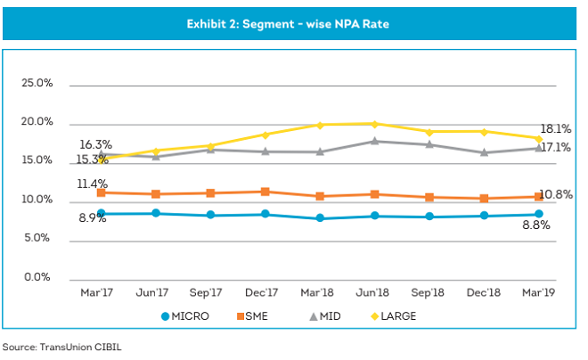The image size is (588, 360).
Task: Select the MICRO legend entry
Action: pos(189,316)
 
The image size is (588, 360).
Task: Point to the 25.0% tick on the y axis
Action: pos(37,83)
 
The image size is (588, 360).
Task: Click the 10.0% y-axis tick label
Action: pos(37,200)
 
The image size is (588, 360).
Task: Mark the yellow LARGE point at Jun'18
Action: pos(374,124)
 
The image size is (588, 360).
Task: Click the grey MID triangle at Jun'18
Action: pos(374,141)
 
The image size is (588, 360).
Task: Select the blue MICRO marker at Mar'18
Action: pos(319,218)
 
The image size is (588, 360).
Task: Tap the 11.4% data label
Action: pos(92,184)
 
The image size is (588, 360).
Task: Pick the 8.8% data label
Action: pos(535,226)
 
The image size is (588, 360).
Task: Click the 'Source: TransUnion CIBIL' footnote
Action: pos(61,347)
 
